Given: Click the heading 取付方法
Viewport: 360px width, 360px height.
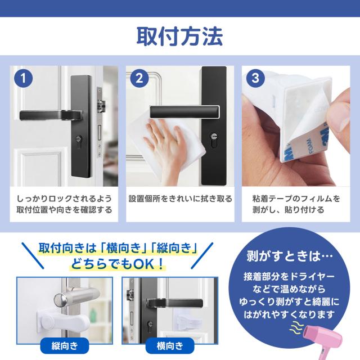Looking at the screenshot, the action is tap(180, 37).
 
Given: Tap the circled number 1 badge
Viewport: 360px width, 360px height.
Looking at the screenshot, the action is tap(24, 78).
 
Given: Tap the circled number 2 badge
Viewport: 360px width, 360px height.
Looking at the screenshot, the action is tap(139, 78).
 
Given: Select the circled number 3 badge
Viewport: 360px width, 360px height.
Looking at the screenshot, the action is tap(255, 78).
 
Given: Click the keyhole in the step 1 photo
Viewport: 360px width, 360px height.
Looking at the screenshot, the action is tap(79, 140).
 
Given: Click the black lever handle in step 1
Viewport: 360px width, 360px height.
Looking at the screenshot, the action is tap(51, 115).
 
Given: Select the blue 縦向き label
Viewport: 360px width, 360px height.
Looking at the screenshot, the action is tap(65, 346).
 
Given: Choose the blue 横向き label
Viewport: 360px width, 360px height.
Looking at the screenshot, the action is tap(170, 346).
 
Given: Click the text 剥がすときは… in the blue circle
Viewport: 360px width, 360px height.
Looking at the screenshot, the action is tap(289, 256).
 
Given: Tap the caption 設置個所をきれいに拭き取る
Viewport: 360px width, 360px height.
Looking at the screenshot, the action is tap(180, 199).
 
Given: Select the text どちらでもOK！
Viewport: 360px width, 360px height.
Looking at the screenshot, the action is tap(118, 264).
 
